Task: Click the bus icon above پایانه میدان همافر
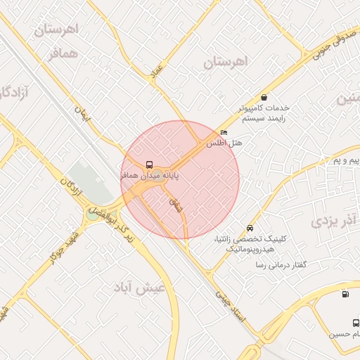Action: [148, 165]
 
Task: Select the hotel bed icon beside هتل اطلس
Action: [224, 133]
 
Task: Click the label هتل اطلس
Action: [224, 143]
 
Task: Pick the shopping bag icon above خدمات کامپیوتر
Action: [264, 98]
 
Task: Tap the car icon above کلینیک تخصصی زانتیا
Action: [250, 229]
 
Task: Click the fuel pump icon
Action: [345, 294]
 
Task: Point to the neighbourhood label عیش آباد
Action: [141, 288]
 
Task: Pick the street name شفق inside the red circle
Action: [177, 205]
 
